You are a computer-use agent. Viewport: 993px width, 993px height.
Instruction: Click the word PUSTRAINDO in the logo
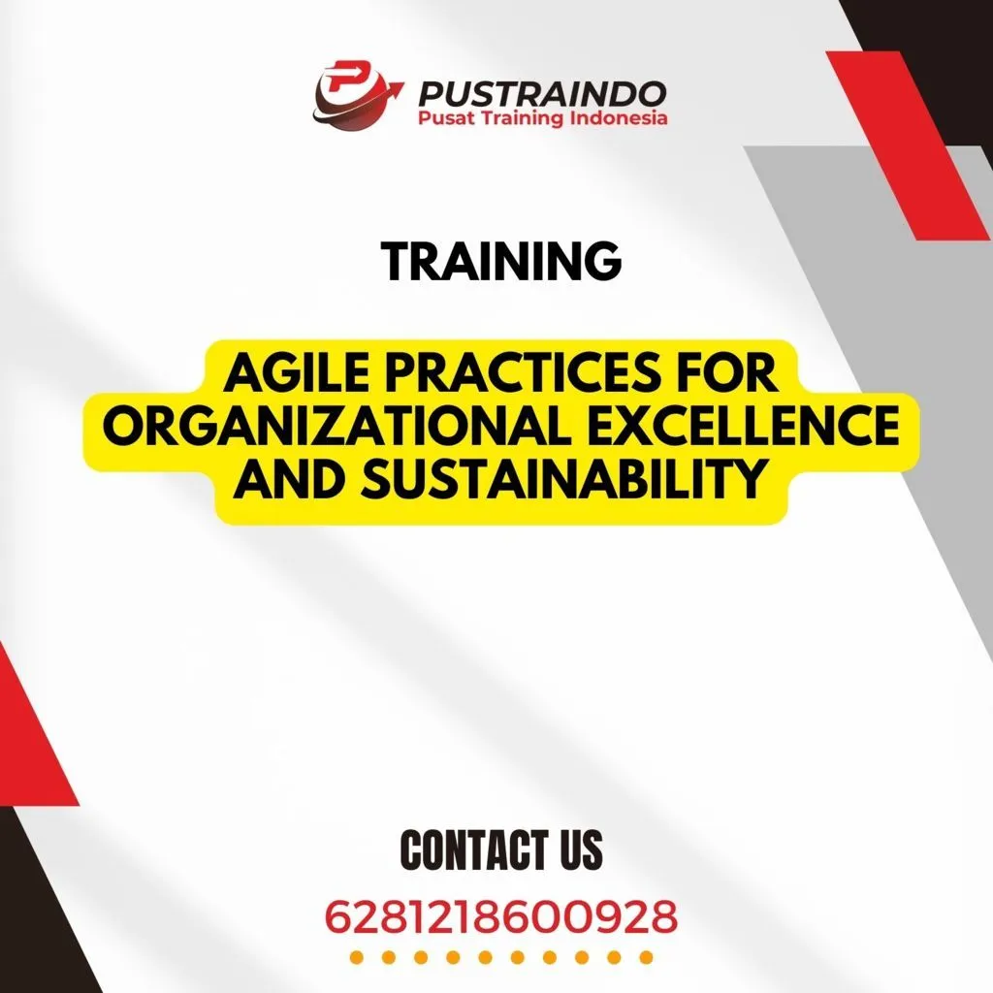point(541,93)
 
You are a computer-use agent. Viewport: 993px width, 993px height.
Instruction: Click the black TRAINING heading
point(500,261)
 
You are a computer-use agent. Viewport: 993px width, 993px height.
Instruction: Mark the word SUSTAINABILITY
point(560,481)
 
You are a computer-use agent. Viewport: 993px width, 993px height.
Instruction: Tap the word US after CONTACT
point(579,849)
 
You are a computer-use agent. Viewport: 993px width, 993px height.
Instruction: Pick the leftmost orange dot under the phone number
point(356,958)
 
